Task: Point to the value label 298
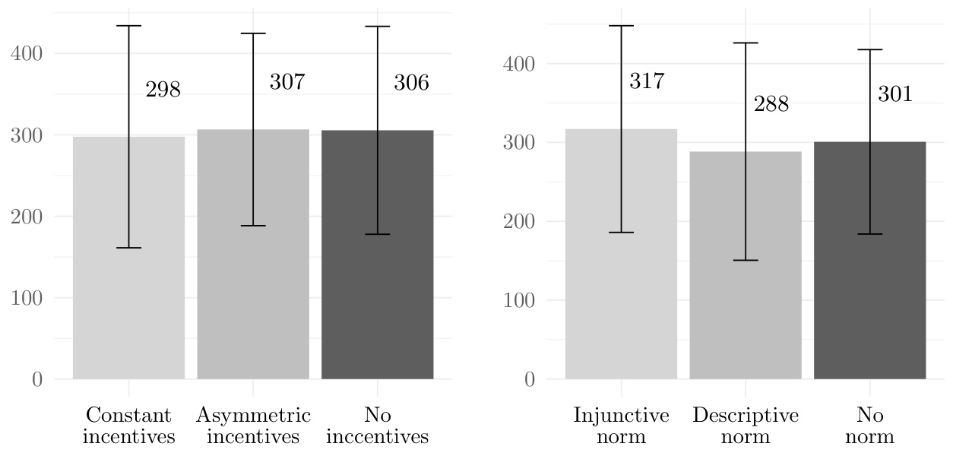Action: click(163, 90)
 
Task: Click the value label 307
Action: click(287, 82)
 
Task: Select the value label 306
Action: click(411, 83)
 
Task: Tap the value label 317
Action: click(647, 81)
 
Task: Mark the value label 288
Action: click(771, 104)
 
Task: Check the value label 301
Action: click(895, 93)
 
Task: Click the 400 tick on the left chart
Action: click(27, 54)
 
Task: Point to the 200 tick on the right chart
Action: click(519, 222)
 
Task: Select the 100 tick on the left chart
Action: click(27, 298)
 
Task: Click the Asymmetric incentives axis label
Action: click(253, 426)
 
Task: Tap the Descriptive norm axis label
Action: click(746, 426)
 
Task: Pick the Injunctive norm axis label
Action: click(621, 426)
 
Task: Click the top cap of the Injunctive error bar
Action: click(621, 26)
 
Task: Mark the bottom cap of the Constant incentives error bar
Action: click(128, 248)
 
